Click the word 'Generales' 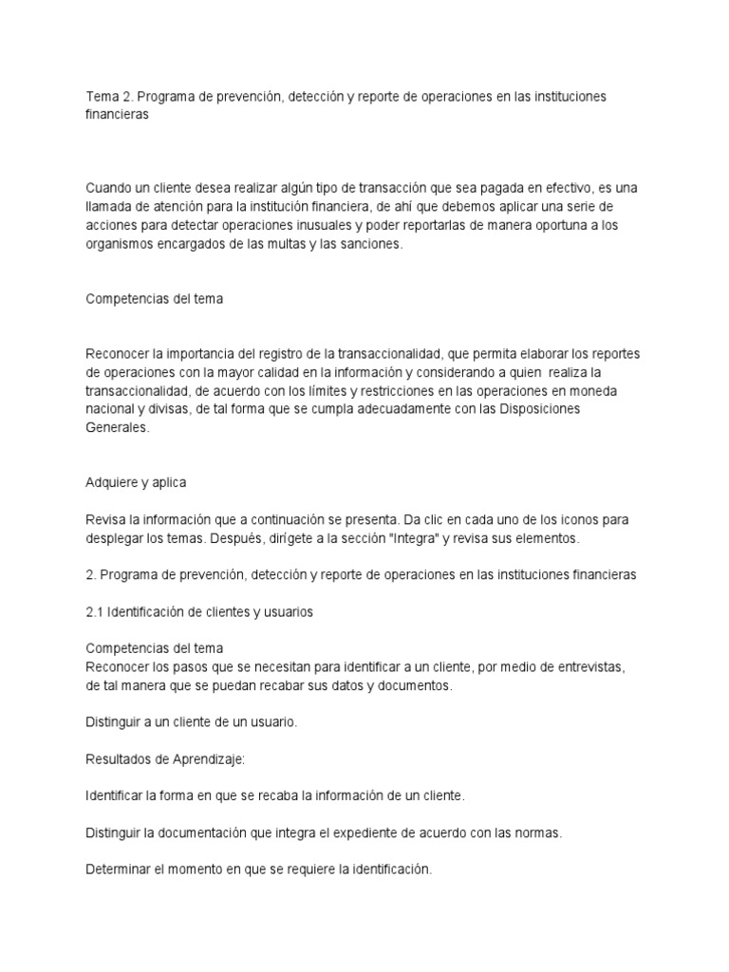(117, 427)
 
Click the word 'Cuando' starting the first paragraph (108, 188)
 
